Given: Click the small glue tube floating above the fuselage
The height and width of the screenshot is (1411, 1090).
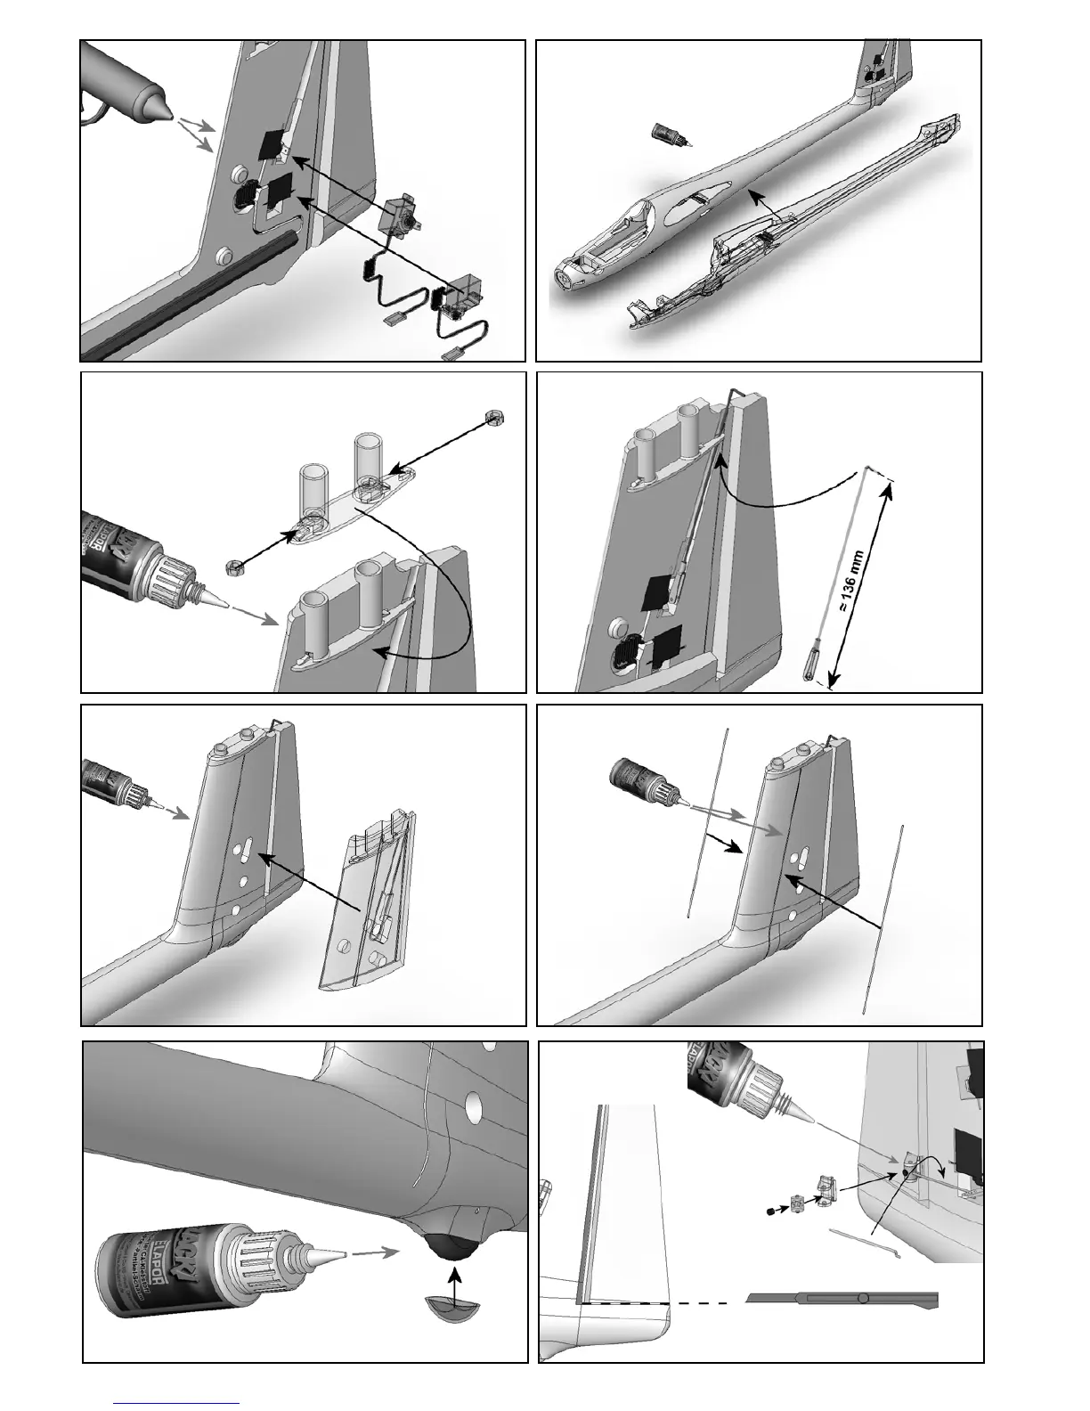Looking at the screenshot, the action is pos(667,135).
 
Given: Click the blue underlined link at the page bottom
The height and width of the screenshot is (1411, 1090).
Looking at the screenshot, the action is pos(178,1403).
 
